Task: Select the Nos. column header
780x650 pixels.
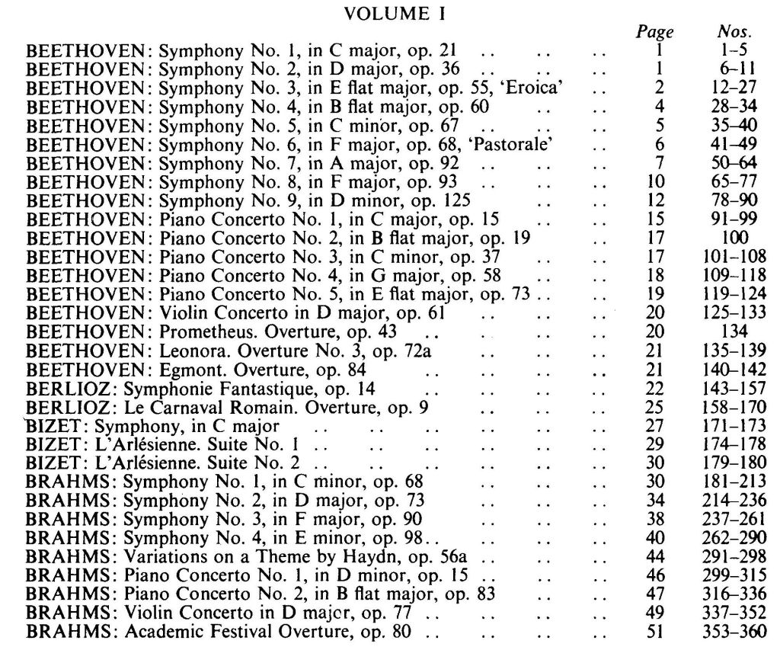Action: (734, 32)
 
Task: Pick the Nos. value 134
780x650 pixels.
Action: (734, 331)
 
